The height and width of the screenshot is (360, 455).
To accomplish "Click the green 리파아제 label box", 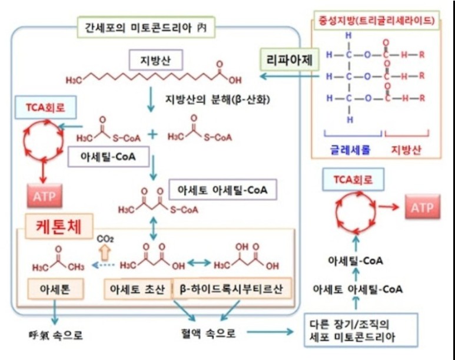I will tap(286, 60).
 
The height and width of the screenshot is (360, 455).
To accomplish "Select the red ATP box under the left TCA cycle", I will tap(44, 196).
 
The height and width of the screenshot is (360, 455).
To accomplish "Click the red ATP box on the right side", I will tap(421, 207).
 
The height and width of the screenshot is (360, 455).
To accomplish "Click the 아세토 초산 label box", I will tap(136, 289).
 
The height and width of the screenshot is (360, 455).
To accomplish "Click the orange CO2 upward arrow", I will tap(106, 252).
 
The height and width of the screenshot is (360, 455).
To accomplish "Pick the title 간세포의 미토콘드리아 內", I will tap(146, 26).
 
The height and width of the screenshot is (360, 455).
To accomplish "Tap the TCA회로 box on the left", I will tap(39, 109).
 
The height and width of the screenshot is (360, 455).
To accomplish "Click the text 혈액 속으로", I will tap(208, 334).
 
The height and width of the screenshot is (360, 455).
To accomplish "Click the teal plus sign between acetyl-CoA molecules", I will tap(153, 134).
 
